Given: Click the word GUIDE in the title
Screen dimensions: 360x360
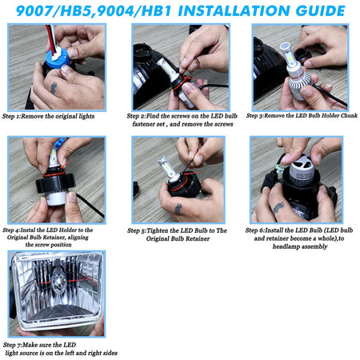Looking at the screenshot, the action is coord(320,10).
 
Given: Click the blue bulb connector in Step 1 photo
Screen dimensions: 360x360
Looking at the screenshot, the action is coord(58,58).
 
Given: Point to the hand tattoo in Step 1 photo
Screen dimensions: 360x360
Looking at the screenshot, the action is coord(54,88).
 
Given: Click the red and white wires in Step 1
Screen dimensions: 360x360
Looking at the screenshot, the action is coord(51,39).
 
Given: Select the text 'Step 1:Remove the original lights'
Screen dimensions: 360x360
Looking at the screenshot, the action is coord(48,116).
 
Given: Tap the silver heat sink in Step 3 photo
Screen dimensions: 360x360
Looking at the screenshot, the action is coord(299,86).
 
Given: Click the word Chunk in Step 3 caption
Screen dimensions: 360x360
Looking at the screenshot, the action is coord(349,115).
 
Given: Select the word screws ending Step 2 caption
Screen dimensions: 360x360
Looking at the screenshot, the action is coord(224,124).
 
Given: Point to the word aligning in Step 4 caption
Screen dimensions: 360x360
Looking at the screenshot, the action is coord(78,238).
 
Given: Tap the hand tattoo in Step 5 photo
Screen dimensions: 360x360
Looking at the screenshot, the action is coord(178,209).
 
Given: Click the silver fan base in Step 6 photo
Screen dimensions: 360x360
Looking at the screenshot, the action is coord(302,170).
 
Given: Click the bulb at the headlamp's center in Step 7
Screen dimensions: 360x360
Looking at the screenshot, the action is coord(58,279).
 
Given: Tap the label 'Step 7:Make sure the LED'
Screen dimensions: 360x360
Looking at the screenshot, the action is coord(39,345).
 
